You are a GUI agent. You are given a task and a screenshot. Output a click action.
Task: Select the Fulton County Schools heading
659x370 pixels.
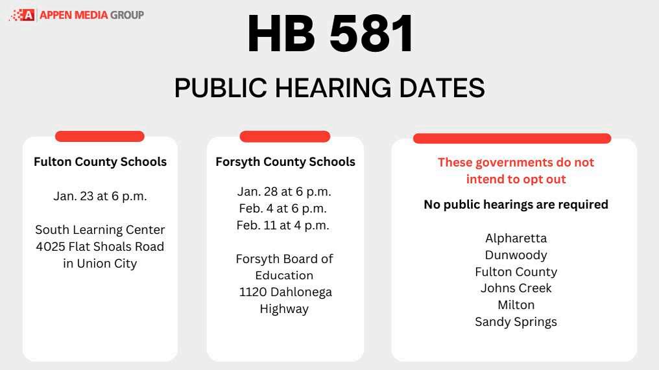pos(100,162)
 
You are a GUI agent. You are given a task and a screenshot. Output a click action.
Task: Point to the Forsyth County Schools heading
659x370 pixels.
pos(285,162)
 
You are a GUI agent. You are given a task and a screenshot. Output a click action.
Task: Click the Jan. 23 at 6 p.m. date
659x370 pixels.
pos(100,196)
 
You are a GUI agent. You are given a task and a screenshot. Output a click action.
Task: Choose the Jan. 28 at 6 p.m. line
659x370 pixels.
pos(284,192)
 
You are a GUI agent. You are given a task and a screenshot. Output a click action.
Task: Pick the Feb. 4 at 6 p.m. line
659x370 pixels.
pos(284,209)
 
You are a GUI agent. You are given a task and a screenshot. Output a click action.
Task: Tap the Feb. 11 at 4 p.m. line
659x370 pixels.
pos(284,225)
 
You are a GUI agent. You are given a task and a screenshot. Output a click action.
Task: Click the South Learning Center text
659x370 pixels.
pos(100,230)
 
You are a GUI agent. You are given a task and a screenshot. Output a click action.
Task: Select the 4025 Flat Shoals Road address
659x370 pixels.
pos(100,247)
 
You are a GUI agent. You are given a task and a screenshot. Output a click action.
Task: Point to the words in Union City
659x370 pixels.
pos(100,264)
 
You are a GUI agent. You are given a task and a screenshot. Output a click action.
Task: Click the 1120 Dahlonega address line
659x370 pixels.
pos(285,292)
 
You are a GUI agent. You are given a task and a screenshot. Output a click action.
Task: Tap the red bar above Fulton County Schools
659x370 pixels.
pos(100,136)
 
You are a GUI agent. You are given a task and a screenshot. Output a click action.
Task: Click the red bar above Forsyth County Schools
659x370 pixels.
pos(285,136)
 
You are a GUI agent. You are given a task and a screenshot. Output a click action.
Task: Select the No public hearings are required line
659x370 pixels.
pos(516,205)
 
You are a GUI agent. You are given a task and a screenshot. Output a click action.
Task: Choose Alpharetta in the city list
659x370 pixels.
pos(516,238)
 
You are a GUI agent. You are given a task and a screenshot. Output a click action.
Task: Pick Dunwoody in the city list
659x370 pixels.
pos(516,255)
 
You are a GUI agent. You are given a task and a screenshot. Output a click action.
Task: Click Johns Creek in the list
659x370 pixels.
pos(516,288)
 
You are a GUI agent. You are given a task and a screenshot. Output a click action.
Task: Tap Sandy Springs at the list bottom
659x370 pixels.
pos(516,322)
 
